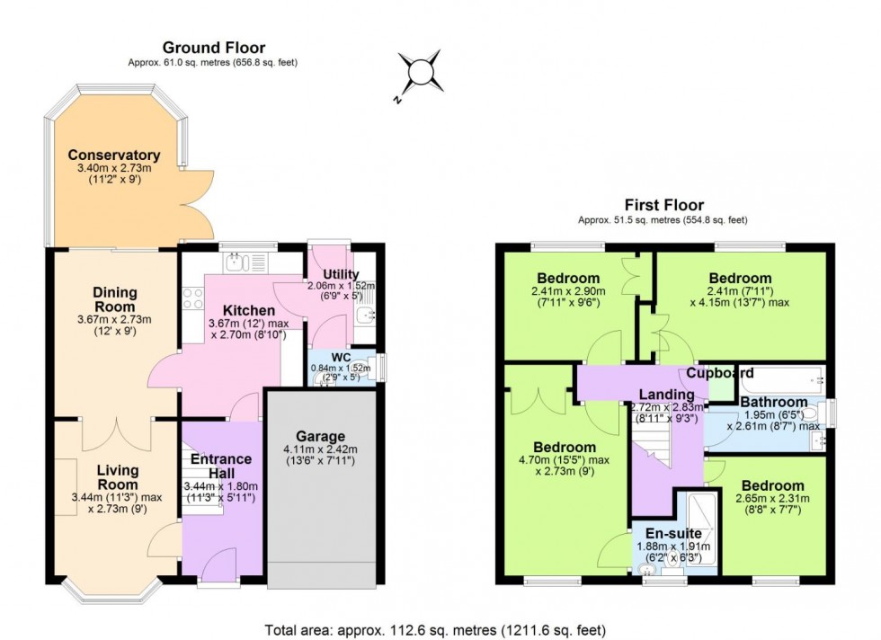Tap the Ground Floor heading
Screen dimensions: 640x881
pyautogui.click(x=213, y=48)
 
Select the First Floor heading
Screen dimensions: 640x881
pyautogui.click(x=663, y=205)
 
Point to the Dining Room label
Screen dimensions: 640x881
pyautogui.click(x=114, y=298)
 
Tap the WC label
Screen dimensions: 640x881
pyautogui.click(x=340, y=357)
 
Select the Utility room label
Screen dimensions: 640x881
pyautogui.click(x=341, y=274)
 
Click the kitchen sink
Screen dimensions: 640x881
pyautogui.click(x=236, y=262)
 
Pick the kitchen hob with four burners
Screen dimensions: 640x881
pyautogui.click(x=192, y=298)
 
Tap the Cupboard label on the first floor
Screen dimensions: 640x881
pyautogui.click(x=720, y=372)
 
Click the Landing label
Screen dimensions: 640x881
pyautogui.click(x=666, y=394)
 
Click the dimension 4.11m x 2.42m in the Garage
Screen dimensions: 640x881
pyautogui.click(x=320, y=449)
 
